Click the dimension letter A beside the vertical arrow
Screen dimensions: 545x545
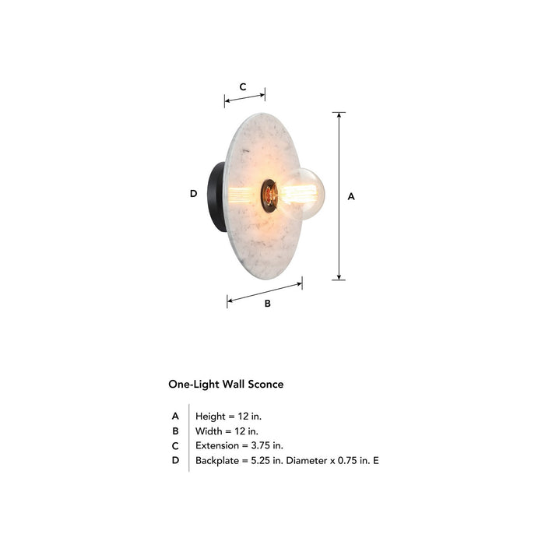[x=351, y=197]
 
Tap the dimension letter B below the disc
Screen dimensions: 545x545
[x=267, y=304]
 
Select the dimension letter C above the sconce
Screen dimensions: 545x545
[x=243, y=87]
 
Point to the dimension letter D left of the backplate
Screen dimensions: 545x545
[x=193, y=194]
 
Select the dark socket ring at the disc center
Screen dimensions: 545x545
[x=268, y=195]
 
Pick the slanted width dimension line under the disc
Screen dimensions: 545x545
[x=265, y=293]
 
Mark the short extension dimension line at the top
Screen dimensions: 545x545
[x=244, y=98]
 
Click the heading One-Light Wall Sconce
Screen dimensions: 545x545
[x=226, y=384]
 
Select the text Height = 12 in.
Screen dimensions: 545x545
[x=228, y=416]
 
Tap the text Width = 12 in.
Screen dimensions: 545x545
[x=227, y=431]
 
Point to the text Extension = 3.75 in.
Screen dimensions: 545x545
[x=239, y=445]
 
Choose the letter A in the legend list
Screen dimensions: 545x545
[x=176, y=416]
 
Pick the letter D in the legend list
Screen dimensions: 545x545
[x=176, y=460]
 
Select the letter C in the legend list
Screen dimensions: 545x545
[x=176, y=445]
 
